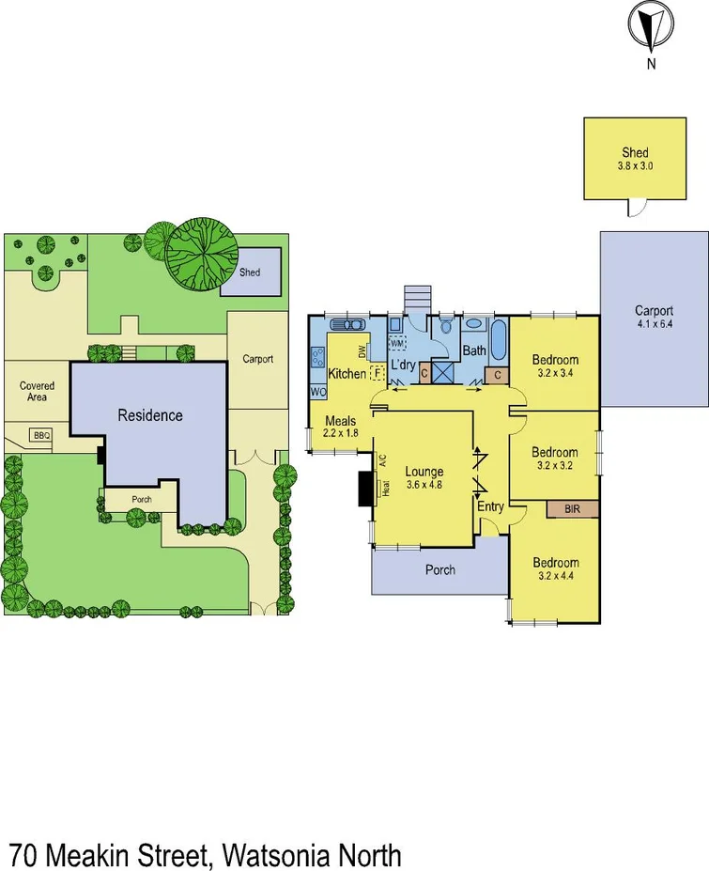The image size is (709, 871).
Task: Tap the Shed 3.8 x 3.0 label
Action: click(x=635, y=159)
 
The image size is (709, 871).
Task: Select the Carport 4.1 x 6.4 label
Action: click(x=654, y=317)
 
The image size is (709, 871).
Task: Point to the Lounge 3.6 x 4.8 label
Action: click(x=424, y=478)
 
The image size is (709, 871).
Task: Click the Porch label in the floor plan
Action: click(x=440, y=569)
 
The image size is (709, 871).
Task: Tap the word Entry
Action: click(x=490, y=507)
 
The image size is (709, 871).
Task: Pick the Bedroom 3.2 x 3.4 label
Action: click(x=555, y=366)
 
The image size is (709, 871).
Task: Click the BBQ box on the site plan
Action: click(x=40, y=435)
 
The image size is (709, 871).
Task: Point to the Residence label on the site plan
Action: click(x=149, y=414)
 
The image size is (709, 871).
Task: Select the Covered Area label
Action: click(x=37, y=391)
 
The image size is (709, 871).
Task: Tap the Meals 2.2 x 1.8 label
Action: click(x=341, y=428)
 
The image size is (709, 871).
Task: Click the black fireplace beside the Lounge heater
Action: click(x=364, y=488)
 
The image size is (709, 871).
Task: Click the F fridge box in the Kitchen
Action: click(x=377, y=373)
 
